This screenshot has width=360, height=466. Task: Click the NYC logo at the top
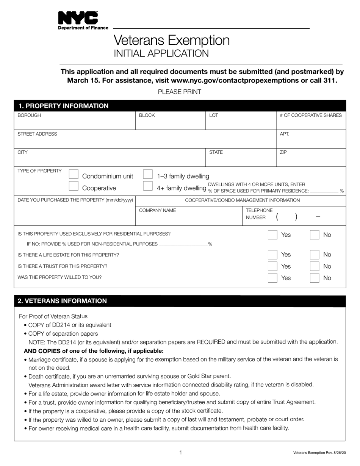click(78, 18)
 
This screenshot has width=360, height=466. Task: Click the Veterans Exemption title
click(172, 40)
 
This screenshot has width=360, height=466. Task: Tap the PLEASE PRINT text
click(179, 92)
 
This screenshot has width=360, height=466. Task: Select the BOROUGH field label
click(29, 115)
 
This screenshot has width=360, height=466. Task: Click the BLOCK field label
click(147, 115)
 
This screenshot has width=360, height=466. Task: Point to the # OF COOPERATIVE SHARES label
click(310, 115)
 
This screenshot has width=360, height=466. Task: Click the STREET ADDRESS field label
click(37, 134)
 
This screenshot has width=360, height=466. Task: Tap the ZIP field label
click(283, 152)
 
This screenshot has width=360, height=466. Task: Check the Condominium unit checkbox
click(74, 175)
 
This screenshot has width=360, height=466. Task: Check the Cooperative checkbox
click(74, 186)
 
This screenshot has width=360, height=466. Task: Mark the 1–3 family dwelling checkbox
click(148, 175)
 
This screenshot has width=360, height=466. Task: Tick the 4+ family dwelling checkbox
click(148, 186)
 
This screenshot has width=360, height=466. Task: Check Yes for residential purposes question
click(272, 235)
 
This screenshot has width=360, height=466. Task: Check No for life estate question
click(315, 255)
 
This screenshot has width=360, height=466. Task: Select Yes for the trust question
click(272, 266)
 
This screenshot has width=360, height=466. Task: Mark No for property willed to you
click(315, 278)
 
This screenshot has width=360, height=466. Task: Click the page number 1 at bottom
click(181, 452)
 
